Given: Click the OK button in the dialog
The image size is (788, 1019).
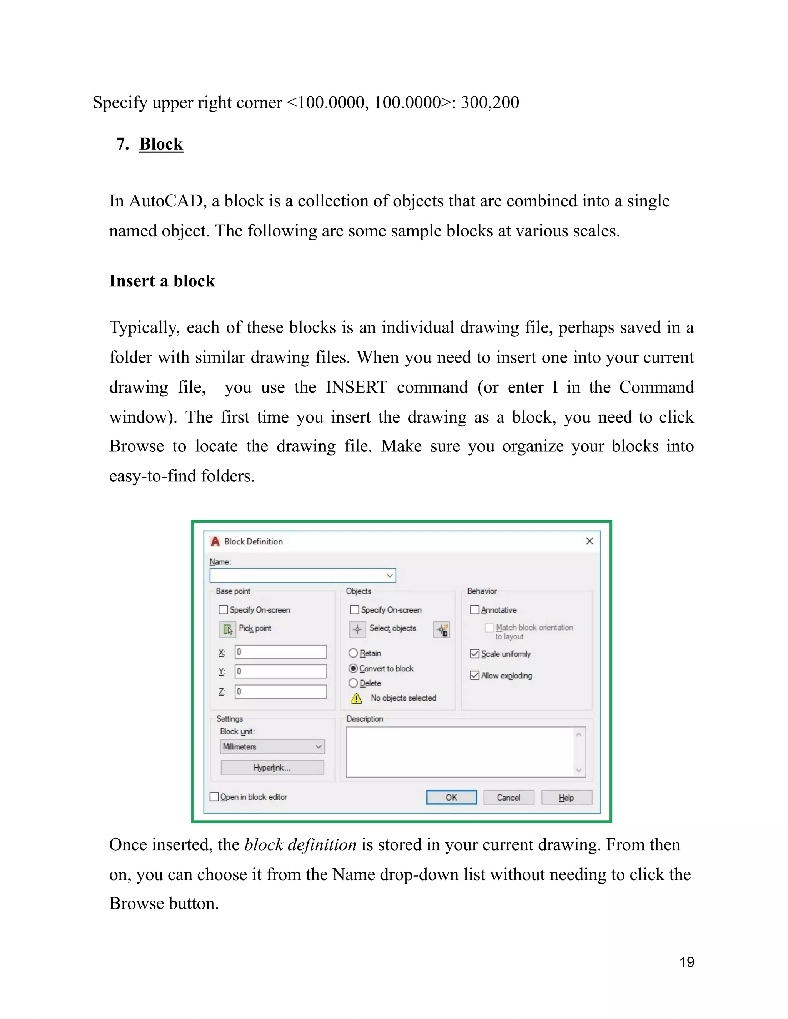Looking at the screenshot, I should coord(451,798).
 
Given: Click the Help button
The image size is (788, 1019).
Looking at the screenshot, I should coord(566,798).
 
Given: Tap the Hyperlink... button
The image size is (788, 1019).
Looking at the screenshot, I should coord(272,768).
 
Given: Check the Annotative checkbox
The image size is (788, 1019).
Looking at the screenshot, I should coord(475,610).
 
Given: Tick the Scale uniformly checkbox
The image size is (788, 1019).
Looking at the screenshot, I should coord(475,654).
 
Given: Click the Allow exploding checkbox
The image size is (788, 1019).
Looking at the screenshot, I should coord(475,675).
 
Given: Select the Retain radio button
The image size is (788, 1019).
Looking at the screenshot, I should coord(353,653).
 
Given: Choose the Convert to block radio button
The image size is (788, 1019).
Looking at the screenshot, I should coord(353,668).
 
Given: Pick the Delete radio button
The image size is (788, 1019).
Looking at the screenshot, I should coord(353,683).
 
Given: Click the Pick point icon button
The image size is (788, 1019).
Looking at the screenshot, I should coord(227,629).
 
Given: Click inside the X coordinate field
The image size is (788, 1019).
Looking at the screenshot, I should coord(280,652).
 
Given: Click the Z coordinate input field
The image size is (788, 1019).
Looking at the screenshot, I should coord(280,691).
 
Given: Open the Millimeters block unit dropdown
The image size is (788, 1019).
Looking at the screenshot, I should coord(272,746).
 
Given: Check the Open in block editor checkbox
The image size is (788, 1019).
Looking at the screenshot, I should coord(214,797).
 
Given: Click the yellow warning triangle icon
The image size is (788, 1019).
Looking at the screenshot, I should coord(356,698).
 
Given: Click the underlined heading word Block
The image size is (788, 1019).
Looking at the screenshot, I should coord(161,144).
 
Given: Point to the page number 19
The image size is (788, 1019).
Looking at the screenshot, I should coord(687,962).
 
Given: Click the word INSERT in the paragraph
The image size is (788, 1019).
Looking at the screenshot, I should coord(356,387).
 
